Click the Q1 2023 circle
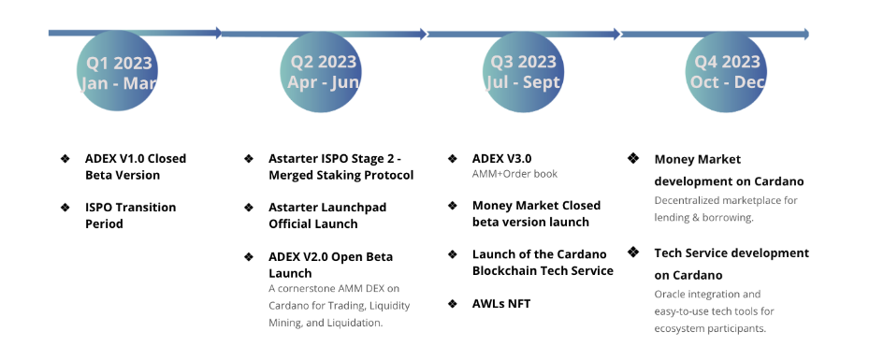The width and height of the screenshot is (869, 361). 118,71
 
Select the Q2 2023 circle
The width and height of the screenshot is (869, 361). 321,71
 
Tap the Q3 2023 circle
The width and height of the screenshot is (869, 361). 524,71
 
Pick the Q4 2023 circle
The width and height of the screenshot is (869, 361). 727,71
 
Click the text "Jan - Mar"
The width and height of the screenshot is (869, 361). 119,83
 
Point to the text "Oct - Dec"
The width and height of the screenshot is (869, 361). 728,82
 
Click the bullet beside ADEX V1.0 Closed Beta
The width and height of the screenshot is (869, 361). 65,159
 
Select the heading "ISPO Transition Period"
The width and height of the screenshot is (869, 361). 131,215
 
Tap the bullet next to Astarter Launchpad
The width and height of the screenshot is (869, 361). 249,208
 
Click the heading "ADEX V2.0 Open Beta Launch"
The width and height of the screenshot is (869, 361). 331,265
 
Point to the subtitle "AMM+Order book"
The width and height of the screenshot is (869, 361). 514,174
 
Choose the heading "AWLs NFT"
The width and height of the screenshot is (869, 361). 501,303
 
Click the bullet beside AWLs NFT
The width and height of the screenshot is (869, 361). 453,303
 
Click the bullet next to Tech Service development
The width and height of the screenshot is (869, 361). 633,253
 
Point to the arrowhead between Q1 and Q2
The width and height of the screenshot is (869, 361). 219,34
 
